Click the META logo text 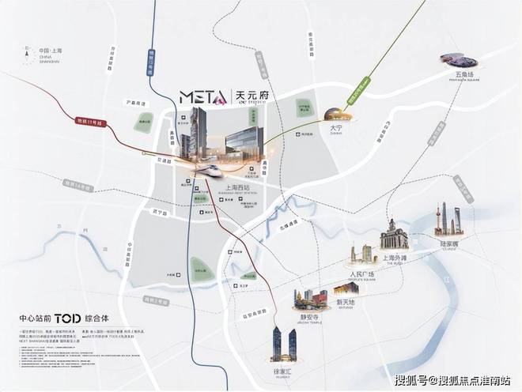pyautogui.click(x=203, y=98)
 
